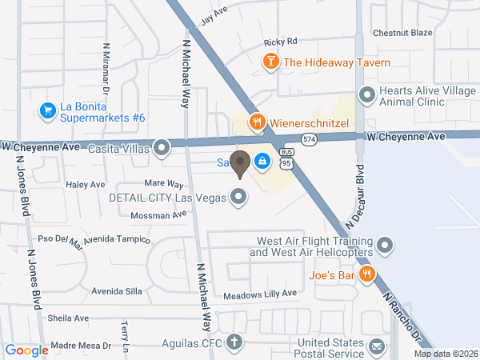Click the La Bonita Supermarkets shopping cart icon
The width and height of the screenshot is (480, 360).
point(47,110)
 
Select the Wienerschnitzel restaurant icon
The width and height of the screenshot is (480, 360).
point(257,122)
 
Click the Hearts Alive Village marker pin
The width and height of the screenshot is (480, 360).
point(367,95)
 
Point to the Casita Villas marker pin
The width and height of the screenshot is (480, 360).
point(162,147)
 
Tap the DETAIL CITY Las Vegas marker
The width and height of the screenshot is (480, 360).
point(238,195)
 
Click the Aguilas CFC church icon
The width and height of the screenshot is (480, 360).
point(234,342)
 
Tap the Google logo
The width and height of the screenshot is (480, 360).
point(26,350)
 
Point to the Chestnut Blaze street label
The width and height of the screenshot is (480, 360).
point(402,33)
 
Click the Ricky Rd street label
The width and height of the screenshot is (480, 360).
point(280,42)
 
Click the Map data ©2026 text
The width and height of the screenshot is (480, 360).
point(445,354)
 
